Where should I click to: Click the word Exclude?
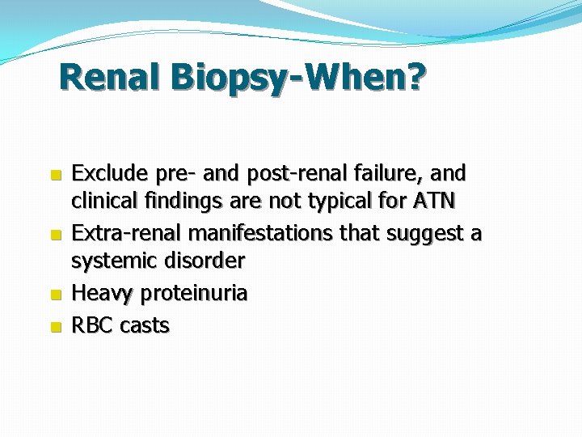(x=106, y=173)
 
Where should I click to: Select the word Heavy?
(x=103, y=294)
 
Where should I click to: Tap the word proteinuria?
(x=194, y=294)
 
